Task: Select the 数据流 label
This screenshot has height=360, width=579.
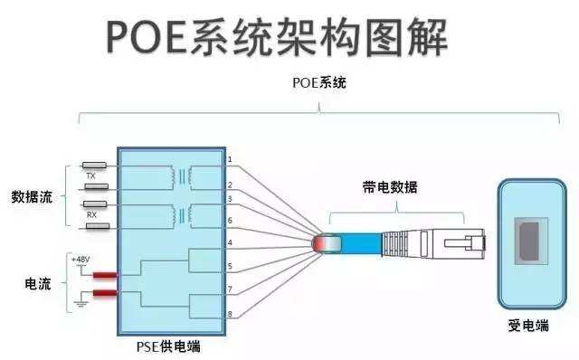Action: (32, 195)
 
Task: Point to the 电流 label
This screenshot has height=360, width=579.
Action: (37, 284)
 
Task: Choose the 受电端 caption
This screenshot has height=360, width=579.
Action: (529, 327)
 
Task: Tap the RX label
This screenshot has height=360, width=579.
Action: (91, 215)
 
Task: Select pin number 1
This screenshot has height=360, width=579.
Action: (230, 159)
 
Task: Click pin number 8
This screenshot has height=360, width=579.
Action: (230, 314)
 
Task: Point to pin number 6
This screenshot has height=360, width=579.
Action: (230, 221)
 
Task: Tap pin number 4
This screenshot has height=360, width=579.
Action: (230, 243)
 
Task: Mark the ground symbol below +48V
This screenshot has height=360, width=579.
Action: (81, 306)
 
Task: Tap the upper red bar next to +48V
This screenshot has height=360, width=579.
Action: (105, 275)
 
